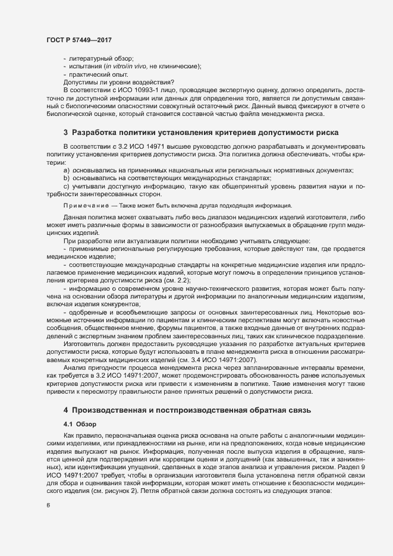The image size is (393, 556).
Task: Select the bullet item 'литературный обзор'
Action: pos(101,59)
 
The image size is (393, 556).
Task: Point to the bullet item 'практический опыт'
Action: pos(99,74)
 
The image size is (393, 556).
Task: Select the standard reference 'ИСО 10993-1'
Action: pos(130,90)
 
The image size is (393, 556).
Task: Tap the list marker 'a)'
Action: pos(66,171)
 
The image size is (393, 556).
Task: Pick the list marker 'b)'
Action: pos(66,178)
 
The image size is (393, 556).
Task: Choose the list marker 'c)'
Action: pos(66,186)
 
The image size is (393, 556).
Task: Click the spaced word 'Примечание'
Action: pos(87,205)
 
